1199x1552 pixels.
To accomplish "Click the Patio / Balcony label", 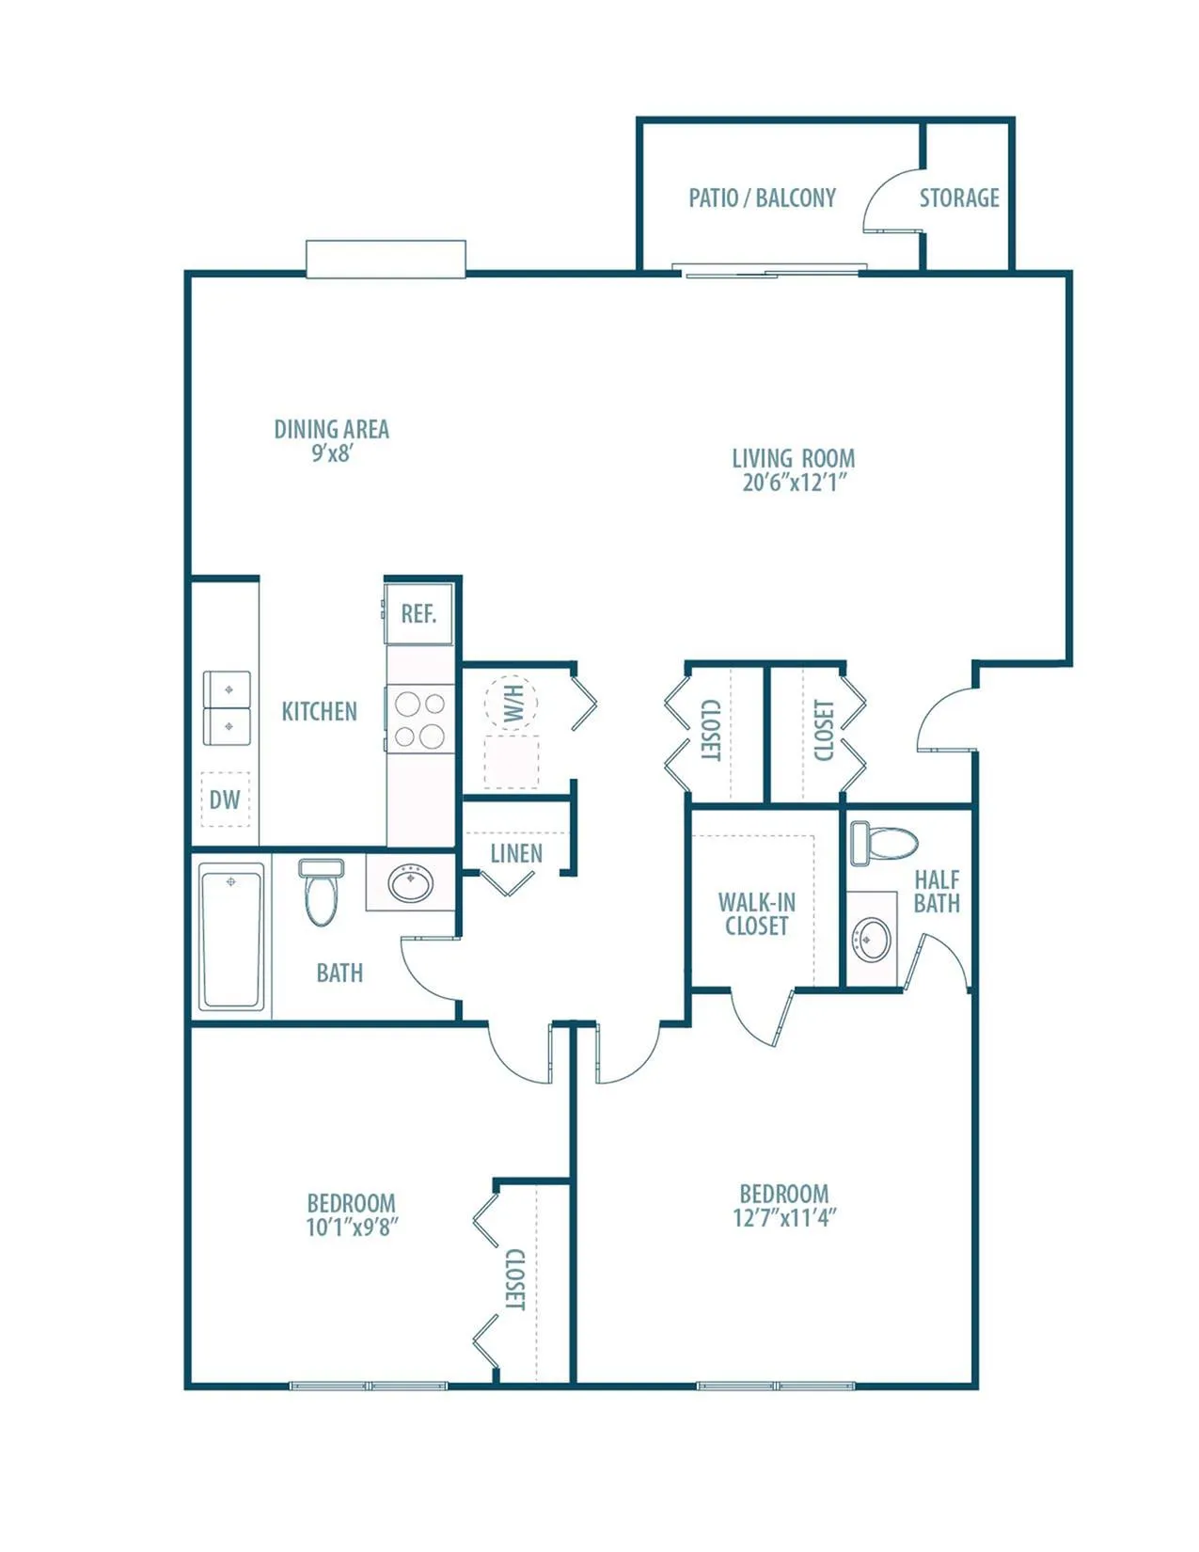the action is [762, 198].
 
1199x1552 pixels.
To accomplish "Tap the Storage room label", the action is [959, 198].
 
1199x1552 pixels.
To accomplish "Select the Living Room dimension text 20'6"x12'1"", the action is [794, 483].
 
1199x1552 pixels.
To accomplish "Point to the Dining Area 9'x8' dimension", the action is [332, 453].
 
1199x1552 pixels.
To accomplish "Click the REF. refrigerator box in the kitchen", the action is [418, 613].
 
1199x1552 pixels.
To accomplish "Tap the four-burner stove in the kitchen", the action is [420, 720].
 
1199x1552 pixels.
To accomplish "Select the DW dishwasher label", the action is [225, 800].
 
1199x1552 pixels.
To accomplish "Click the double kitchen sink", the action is [227, 707].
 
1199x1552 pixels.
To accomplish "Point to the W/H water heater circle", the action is [512, 704].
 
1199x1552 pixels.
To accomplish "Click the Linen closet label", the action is [516, 853].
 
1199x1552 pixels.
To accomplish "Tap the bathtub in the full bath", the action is [230, 937].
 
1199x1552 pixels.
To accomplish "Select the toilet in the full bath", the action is [321, 892].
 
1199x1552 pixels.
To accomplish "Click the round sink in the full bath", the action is [411, 884].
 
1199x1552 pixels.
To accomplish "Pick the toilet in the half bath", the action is [883, 844].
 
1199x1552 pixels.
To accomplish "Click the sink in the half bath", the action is [871, 940].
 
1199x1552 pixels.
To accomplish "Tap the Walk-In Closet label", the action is [757, 914].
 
